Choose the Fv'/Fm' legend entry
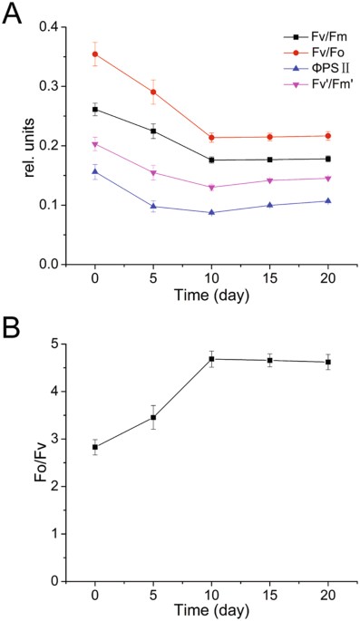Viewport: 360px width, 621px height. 309,85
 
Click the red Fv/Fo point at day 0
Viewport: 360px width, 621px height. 95,54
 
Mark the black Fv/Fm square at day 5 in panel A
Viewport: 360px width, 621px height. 153,131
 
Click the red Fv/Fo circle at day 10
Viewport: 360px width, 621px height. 211,138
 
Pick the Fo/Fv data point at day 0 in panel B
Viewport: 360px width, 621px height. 95,447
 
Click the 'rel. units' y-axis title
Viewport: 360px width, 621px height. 30,146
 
